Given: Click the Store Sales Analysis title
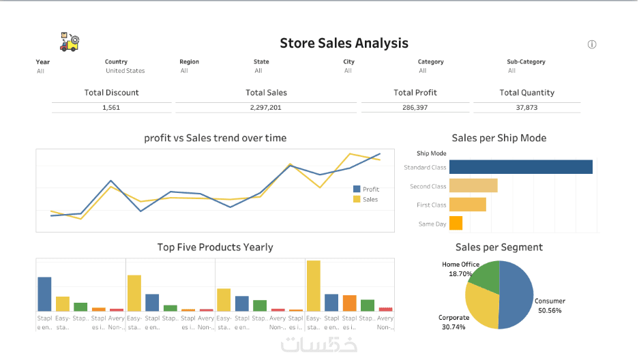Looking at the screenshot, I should [x=344, y=43].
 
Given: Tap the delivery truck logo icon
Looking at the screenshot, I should [x=70, y=42].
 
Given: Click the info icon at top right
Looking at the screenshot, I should [x=592, y=44].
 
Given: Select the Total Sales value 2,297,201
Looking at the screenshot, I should [x=266, y=108].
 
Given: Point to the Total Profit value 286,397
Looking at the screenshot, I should [x=415, y=108].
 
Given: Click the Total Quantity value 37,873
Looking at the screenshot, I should [x=526, y=108].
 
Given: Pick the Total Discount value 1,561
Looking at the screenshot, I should [x=111, y=108].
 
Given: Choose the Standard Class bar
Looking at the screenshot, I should [x=520, y=167].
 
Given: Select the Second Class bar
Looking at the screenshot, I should [x=473, y=185].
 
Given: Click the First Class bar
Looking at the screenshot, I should [x=467, y=205].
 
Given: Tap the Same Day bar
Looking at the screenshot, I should [x=456, y=223].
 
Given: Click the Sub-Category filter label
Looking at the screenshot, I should [x=526, y=62].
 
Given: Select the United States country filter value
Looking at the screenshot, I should [x=125, y=71].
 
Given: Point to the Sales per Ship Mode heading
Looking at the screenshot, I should [x=499, y=138].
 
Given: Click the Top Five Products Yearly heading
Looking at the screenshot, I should [x=215, y=247].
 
